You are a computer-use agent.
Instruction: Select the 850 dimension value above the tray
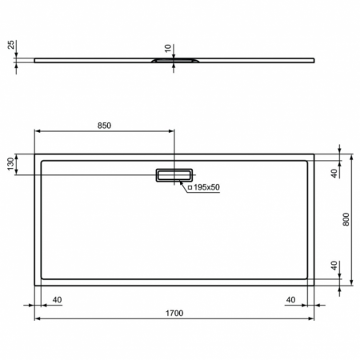tap(104, 126)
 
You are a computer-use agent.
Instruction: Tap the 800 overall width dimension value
tap(346, 219)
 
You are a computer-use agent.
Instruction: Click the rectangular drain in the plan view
tap(174, 175)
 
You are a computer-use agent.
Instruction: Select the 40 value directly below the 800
tap(334, 266)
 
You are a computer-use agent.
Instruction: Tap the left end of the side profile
tap(35, 60)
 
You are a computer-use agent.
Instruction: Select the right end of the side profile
tap(313, 60)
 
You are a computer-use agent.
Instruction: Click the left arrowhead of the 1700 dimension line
tap(37, 318)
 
